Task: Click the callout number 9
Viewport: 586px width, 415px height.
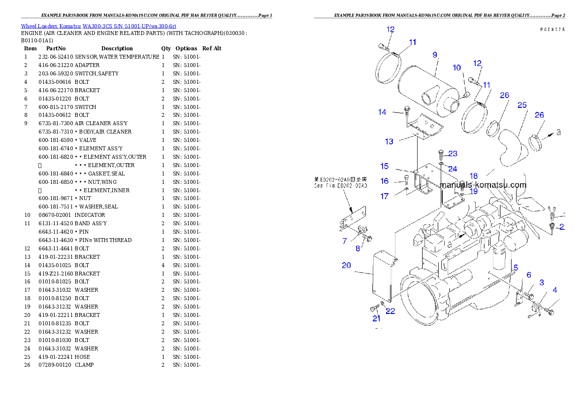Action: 435,55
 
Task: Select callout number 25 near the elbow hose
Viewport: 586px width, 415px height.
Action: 522,105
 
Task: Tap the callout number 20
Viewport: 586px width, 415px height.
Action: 346,265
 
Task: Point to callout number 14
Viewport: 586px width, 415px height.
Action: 382,112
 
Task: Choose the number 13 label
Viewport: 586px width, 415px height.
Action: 389,141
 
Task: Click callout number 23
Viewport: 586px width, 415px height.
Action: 453,153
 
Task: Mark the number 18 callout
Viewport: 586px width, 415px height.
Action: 473,176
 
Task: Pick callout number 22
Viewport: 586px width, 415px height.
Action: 390,311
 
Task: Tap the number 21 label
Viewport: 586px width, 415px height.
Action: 376,318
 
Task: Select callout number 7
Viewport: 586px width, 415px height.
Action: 345,241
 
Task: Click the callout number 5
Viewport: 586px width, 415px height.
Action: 516,268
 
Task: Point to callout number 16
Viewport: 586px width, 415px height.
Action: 385,181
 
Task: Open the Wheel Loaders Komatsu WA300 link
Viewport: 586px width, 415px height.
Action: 98,26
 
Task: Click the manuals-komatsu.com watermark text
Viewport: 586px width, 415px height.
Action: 483,185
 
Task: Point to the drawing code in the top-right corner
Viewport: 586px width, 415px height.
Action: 552,30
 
